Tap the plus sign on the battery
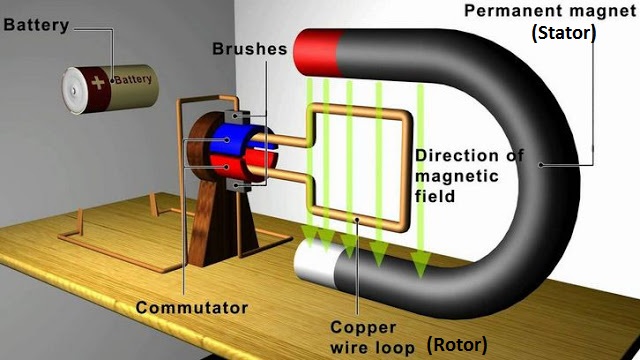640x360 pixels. [x=97, y=80]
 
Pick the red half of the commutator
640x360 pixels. [x=247, y=164]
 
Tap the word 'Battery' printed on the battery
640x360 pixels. [x=133, y=79]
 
